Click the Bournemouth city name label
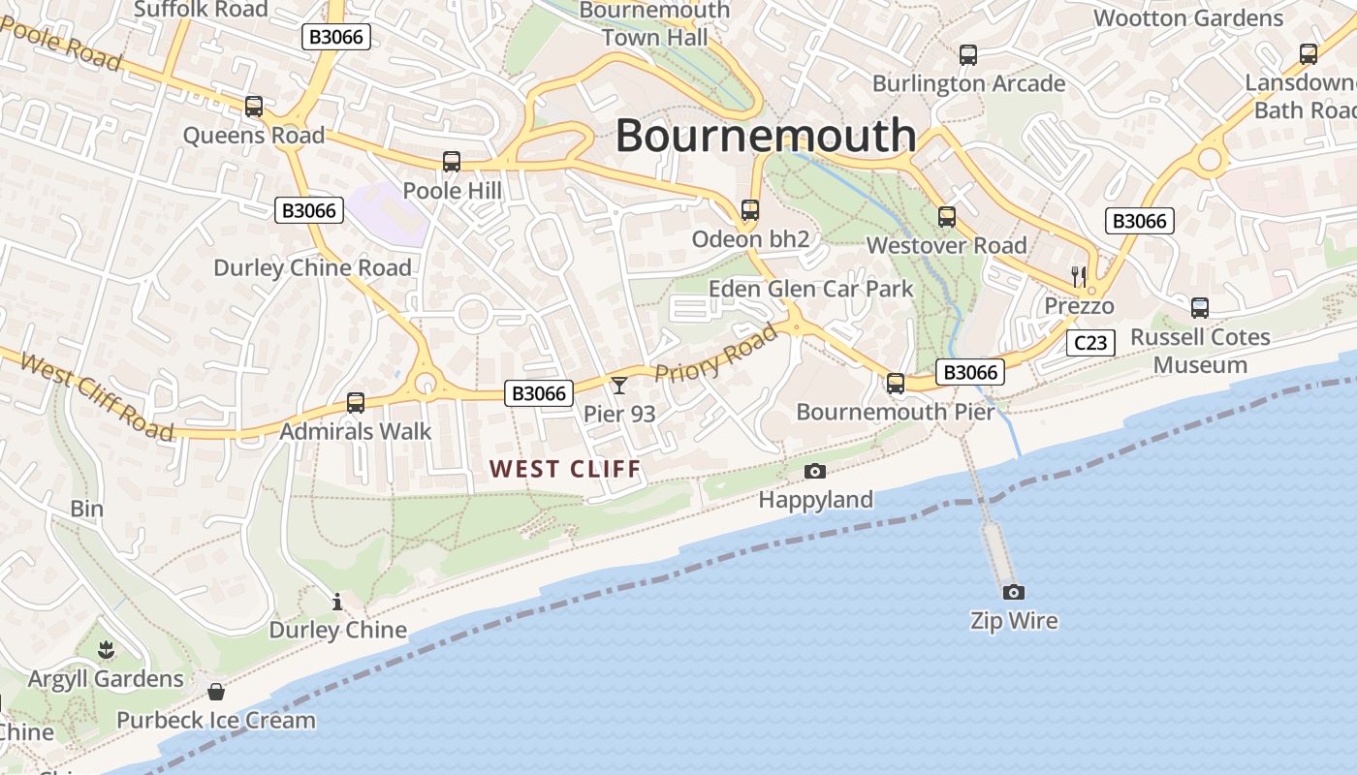[x=766, y=135]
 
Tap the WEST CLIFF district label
[x=565, y=470]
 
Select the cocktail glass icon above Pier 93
[x=619, y=386]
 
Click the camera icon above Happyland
[x=815, y=471]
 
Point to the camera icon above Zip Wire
[x=1013, y=592]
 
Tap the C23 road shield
[x=1090, y=342]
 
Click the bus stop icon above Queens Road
[x=254, y=107]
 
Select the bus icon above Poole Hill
[x=452, y=162]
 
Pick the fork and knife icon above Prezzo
[x=1079, y=276]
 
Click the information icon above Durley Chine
[x=337, y=602]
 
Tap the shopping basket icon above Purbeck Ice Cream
[x=216, y=692]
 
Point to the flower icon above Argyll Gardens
[x=106, y=649]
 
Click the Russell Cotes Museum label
[x=1201, y=351]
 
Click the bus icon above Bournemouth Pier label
[x=896, y=384]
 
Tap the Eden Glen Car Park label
[x=811, y=289]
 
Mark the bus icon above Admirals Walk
[x=356, y=403]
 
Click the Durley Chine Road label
[x=312, y=267]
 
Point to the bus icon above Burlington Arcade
[x=967, y=55]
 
